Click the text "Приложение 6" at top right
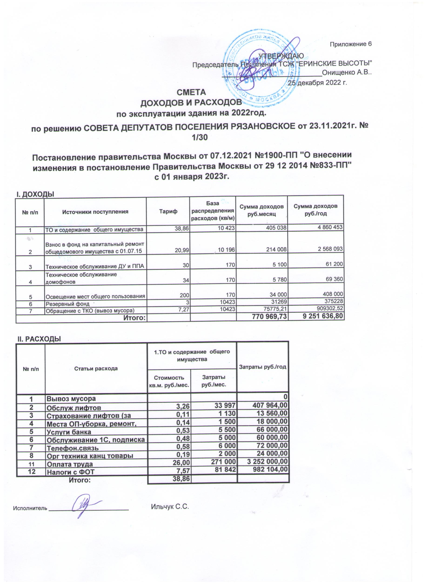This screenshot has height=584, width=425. click(351, 44)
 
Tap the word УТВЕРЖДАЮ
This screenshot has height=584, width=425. click(281, 56)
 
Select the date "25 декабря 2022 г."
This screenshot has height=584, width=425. click(318, 83)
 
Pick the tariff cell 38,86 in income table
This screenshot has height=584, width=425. click(182, 228)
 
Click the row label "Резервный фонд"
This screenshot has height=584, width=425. click(67, 304)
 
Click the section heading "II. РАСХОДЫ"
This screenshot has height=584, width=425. click(39, 339)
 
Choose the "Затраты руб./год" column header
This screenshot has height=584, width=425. click(263, 367)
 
